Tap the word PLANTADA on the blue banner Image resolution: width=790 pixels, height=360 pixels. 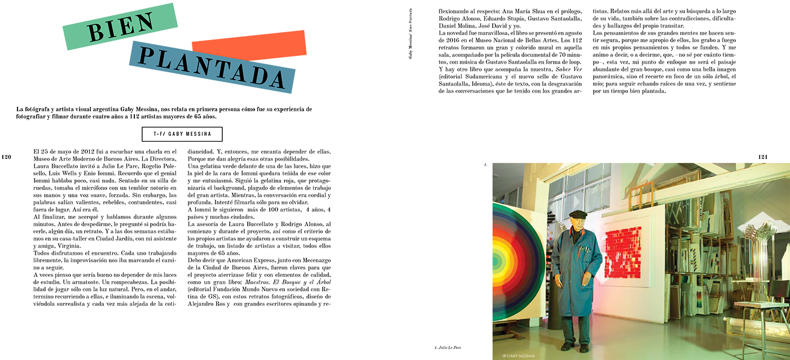coord(212,67)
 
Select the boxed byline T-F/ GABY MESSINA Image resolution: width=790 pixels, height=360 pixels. coord(182,134)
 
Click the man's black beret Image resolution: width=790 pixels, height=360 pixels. coord(578,214)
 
